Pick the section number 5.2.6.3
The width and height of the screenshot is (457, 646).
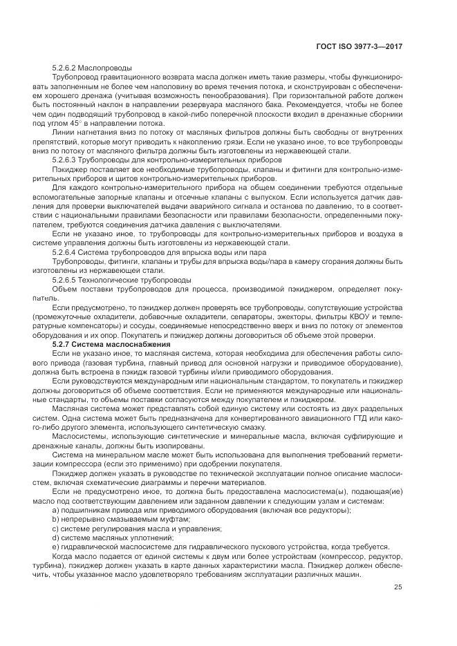(65, 160)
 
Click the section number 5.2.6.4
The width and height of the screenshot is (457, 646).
(65, 251)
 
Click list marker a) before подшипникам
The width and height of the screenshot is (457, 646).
(55, 509)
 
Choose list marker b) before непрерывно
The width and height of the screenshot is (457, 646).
(55, 518)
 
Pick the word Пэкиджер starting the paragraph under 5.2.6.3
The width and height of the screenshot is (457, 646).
(68, 169)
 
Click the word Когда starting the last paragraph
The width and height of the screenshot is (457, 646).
(63, 555)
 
